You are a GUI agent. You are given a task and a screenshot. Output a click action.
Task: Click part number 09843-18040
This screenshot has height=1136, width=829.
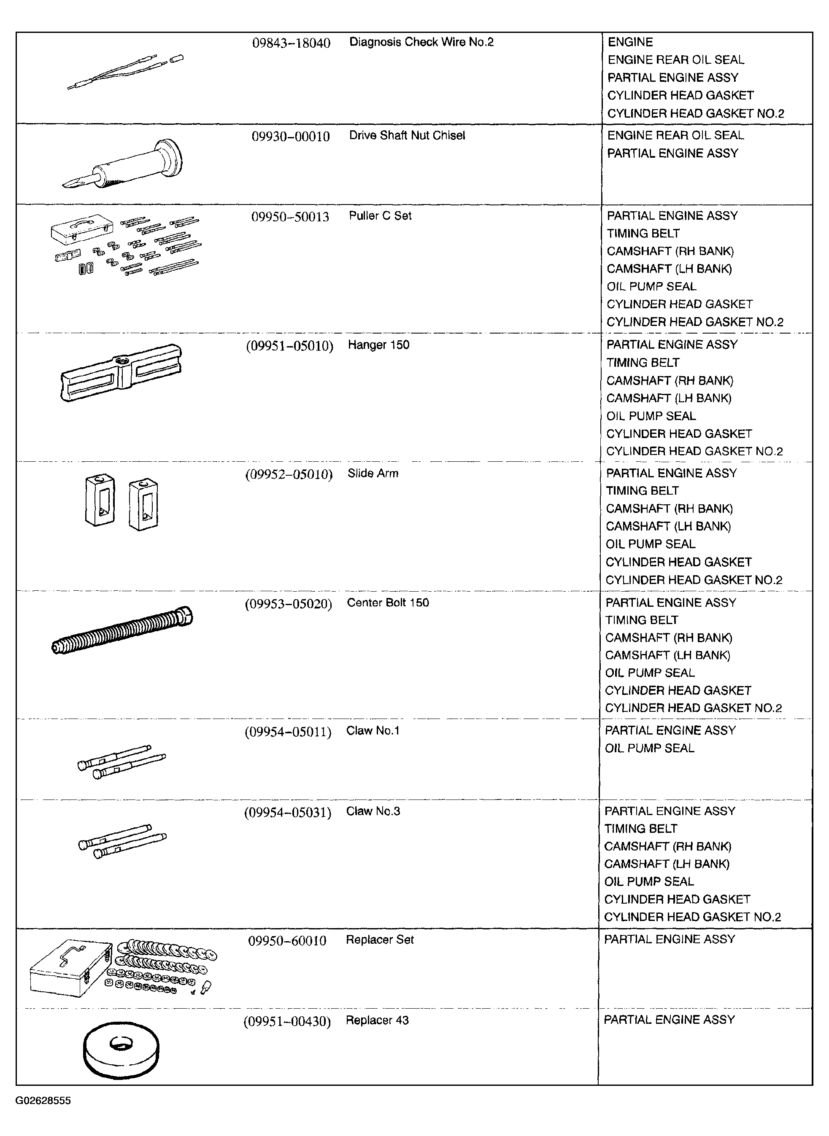[291, 43]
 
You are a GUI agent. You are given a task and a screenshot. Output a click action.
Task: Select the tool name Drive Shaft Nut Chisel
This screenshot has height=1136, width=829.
[407, 135]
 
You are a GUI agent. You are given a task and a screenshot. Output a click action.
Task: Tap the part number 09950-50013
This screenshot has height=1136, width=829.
[290, 217]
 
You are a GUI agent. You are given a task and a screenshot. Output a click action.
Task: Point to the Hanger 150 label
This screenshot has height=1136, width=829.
[378, 345]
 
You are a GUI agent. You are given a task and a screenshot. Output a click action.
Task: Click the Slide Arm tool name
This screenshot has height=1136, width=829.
[373, 474]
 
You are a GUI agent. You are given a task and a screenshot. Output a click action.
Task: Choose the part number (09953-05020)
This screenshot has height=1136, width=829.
[289, 604]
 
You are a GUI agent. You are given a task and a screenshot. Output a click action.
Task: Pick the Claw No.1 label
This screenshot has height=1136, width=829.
[373, 731]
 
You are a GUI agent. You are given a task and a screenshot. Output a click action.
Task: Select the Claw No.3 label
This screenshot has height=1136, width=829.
[373, 811]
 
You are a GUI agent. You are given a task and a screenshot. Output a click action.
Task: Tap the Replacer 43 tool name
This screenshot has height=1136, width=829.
[377, 1020]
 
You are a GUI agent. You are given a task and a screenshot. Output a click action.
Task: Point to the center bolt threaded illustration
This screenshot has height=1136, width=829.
[122, 630]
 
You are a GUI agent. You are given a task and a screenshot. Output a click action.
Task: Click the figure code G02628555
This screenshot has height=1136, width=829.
[43, 1101]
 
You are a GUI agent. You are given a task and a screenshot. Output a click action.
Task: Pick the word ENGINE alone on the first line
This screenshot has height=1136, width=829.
[630, 42]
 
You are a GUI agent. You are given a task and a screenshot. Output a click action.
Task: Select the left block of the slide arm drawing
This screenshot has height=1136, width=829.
[100, 500]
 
